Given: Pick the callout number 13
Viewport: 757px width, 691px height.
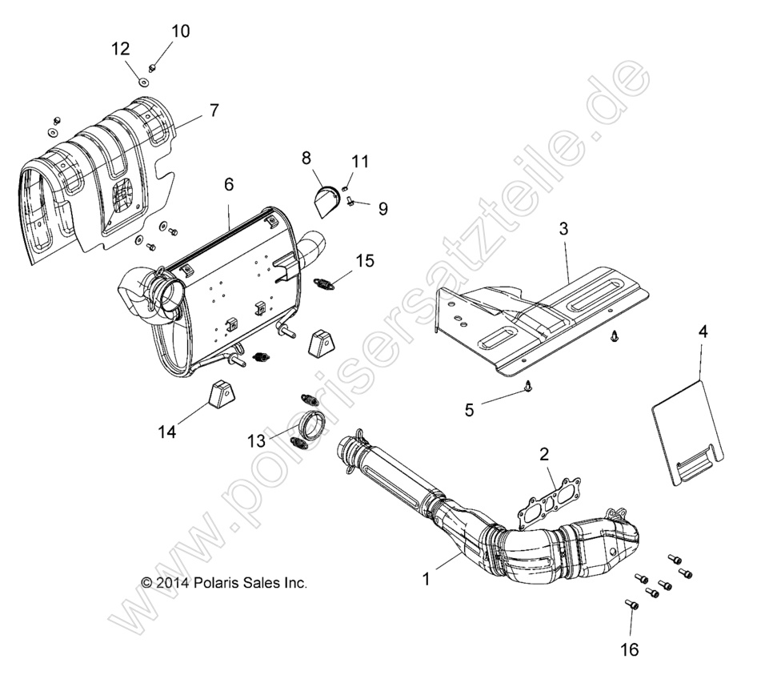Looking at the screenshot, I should pos(255,440).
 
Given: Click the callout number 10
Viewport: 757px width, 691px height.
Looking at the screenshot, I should pos(181,31).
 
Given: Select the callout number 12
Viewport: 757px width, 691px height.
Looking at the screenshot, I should pos(121,49).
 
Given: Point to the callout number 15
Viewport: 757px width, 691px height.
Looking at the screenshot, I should pos(365,260).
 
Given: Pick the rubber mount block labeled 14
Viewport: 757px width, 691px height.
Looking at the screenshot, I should pos(218,396).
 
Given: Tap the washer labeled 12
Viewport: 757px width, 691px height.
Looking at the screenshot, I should pos(142,80).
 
